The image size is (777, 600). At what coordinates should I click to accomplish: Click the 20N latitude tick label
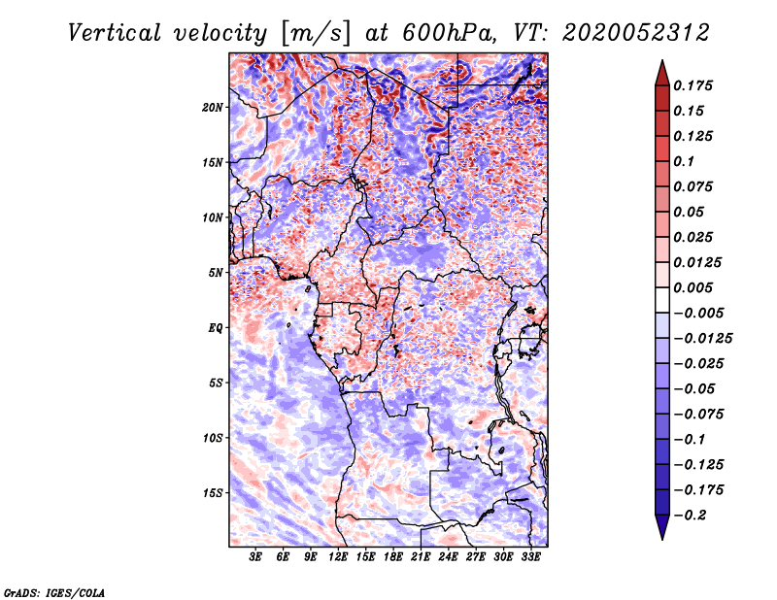(x=213, y=108)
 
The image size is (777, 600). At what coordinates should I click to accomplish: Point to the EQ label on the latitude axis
(x=216, y=328)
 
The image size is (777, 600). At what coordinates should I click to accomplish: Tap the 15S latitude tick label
(x=213, y=493)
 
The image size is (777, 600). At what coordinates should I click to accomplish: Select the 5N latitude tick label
(x=216, y=273)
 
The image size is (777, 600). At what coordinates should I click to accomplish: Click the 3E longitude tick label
(x=255, y=557)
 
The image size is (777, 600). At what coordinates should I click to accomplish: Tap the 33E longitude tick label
(x=530, y=557)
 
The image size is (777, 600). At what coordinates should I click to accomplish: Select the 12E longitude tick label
(x=337, y=557)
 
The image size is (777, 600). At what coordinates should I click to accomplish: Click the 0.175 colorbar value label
(x=693, y=85)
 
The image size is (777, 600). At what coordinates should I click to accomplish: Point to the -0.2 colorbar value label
(x=690, y=516)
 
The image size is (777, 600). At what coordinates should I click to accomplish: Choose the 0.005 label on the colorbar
(x=693, y=287)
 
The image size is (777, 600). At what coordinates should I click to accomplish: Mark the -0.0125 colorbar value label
(x=702, y=339)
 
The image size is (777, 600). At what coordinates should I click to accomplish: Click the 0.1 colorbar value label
(x=684, y=161)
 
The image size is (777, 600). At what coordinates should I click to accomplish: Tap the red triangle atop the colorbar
(x=662, y=74)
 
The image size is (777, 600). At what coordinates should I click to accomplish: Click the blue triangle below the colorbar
(x=662, y=527)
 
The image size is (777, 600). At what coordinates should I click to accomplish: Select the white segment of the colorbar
(x=662, y=300)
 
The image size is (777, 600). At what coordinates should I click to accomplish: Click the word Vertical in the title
(x=115, y=33)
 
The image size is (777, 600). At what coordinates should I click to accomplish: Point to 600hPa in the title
(x=449, y=33)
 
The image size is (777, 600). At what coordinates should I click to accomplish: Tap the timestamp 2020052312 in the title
(x=636, y=33)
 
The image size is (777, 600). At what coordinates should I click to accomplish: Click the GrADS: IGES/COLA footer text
(x=54, y=592)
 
